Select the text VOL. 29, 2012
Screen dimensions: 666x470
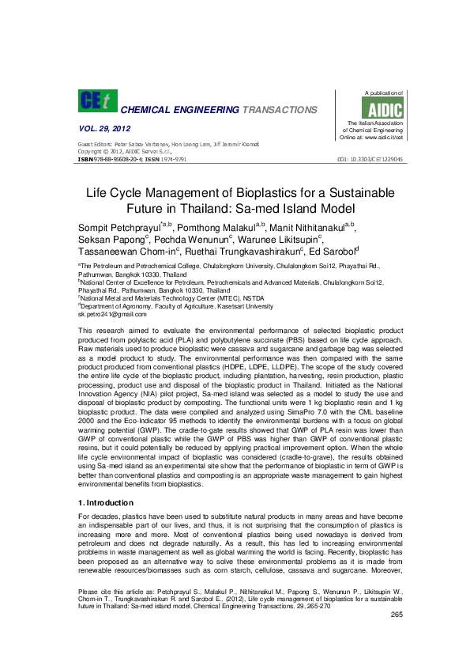(x=104, y=128)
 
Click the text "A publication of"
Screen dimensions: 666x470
(x=383, y=93)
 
